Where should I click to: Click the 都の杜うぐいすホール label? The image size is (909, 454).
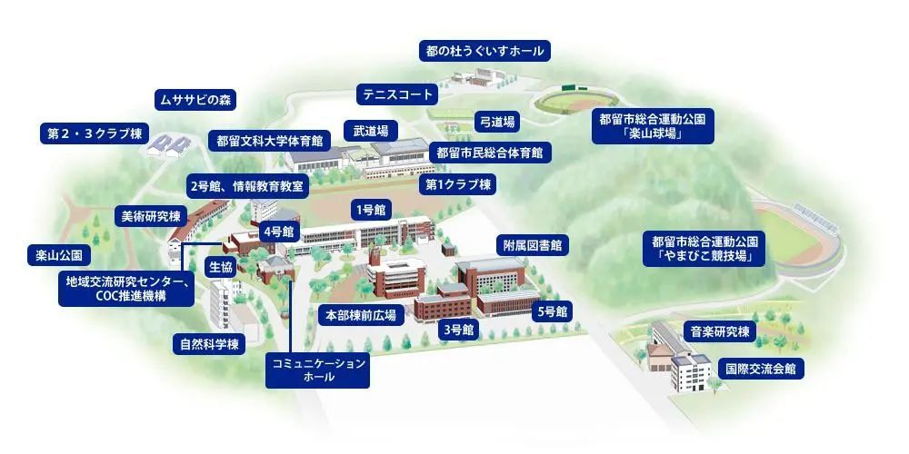[484, 50]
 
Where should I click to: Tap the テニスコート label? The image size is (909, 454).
[397, 94]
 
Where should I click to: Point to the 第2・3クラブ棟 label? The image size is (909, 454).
[92, 133]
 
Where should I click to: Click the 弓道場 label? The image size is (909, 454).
[498, 121]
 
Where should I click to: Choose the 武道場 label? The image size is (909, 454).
[370, 130]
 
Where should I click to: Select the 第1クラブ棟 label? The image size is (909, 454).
[458, 184]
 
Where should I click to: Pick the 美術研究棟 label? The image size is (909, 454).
[151, 216]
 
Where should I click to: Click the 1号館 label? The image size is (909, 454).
[371, 210]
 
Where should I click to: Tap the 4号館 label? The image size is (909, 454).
[277, 232]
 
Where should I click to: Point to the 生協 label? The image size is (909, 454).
[222, 267]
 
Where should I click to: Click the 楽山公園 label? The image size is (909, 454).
[60, 256]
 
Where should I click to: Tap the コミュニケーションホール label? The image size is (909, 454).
[318, 370]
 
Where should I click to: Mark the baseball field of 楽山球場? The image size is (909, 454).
[573, 97]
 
